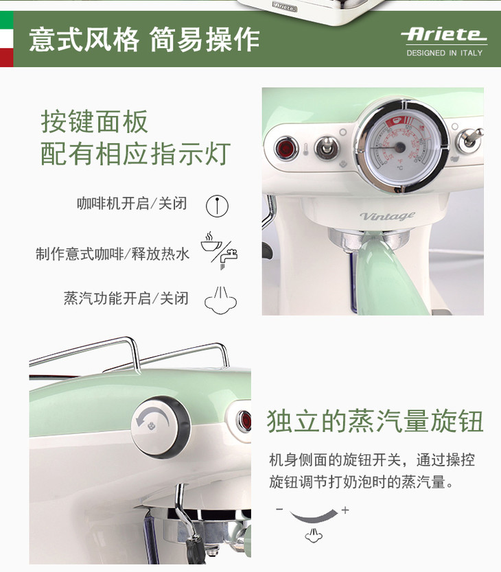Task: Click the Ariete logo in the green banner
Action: (444, 34)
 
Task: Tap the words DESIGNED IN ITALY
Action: (445, 53)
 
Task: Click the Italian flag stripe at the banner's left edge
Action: (7, 39)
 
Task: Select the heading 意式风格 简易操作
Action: (144, 39)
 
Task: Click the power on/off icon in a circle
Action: (217, 206)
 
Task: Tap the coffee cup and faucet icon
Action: (219, 250)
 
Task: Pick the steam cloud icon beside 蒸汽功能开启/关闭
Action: (220, 300)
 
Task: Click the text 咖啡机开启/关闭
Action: (132, 204)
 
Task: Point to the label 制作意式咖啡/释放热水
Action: (113, 254)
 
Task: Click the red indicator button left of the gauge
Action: (286, 147)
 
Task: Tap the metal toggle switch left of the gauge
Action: (326, 147)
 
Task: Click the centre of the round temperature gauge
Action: (400, 147)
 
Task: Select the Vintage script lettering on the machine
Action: (388, 216)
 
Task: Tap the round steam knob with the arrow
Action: (161, 427)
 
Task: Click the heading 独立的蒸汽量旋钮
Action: (375, 421)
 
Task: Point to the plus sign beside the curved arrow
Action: (345, 510)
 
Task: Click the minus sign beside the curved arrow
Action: (280, 509)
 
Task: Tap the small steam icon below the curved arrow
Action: (314, 535)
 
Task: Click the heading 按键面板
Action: (94, 121)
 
